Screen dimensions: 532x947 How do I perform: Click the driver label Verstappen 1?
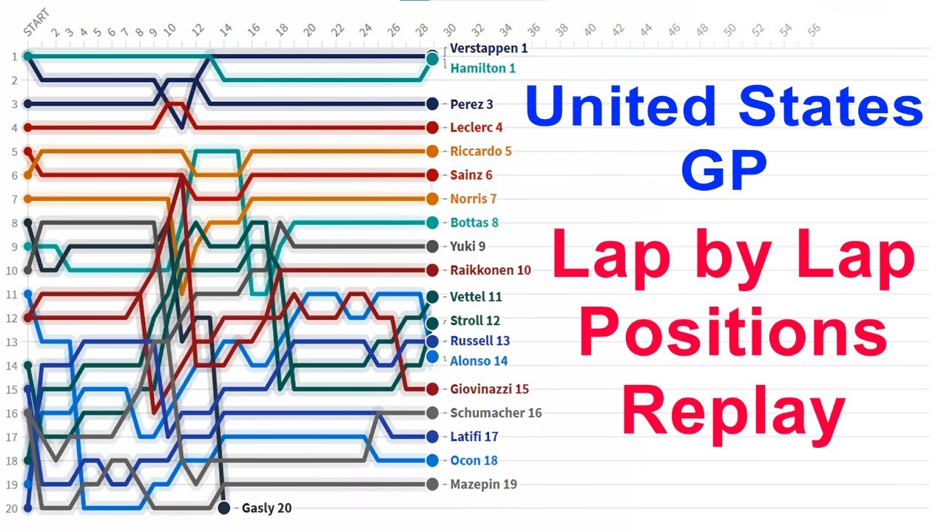point(488,49)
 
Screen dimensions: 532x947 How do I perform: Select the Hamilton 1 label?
point(482,68)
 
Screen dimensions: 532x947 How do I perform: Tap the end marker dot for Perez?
point(432,104)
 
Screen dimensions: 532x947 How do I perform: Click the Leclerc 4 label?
point(476,128)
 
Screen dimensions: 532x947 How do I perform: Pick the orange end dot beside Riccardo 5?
point(432,151)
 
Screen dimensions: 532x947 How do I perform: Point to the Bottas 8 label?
point(474,222)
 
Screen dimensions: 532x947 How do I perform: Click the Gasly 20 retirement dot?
point(223,508)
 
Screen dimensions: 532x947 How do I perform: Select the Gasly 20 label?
point(266,508)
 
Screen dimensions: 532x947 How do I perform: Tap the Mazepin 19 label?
point(483,485)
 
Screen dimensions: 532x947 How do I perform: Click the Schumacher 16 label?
point(496,413)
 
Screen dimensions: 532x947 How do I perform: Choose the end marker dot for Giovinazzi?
point(432,389)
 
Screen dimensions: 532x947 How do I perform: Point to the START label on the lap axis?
point(36,23)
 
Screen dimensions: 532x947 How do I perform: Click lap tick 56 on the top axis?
point(814,30)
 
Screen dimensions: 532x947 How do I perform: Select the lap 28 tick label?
point(422,30)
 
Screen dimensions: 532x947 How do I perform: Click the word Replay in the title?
point(733,415)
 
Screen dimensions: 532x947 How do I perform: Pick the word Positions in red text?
point(733,334)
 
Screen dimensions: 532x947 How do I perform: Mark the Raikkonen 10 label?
point(491,270)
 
